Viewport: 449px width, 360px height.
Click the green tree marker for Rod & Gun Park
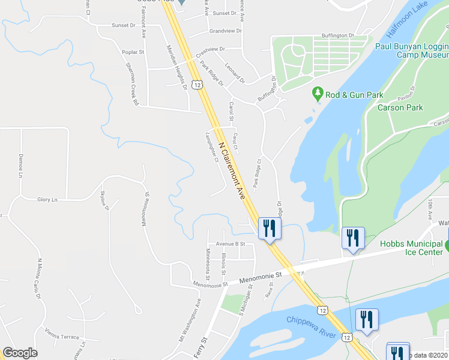(318, 94)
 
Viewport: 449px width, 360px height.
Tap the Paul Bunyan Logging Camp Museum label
(411, 50)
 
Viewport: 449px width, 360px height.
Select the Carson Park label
(400, 108)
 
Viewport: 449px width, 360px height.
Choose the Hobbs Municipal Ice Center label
(412, 248)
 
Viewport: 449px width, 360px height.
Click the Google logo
(20, 353)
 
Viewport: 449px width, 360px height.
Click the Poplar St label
(133, 52)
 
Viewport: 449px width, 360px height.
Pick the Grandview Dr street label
(225, 31)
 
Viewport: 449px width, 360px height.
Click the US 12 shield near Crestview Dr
(197, 85)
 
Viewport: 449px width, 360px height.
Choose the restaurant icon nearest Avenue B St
(269, 228)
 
